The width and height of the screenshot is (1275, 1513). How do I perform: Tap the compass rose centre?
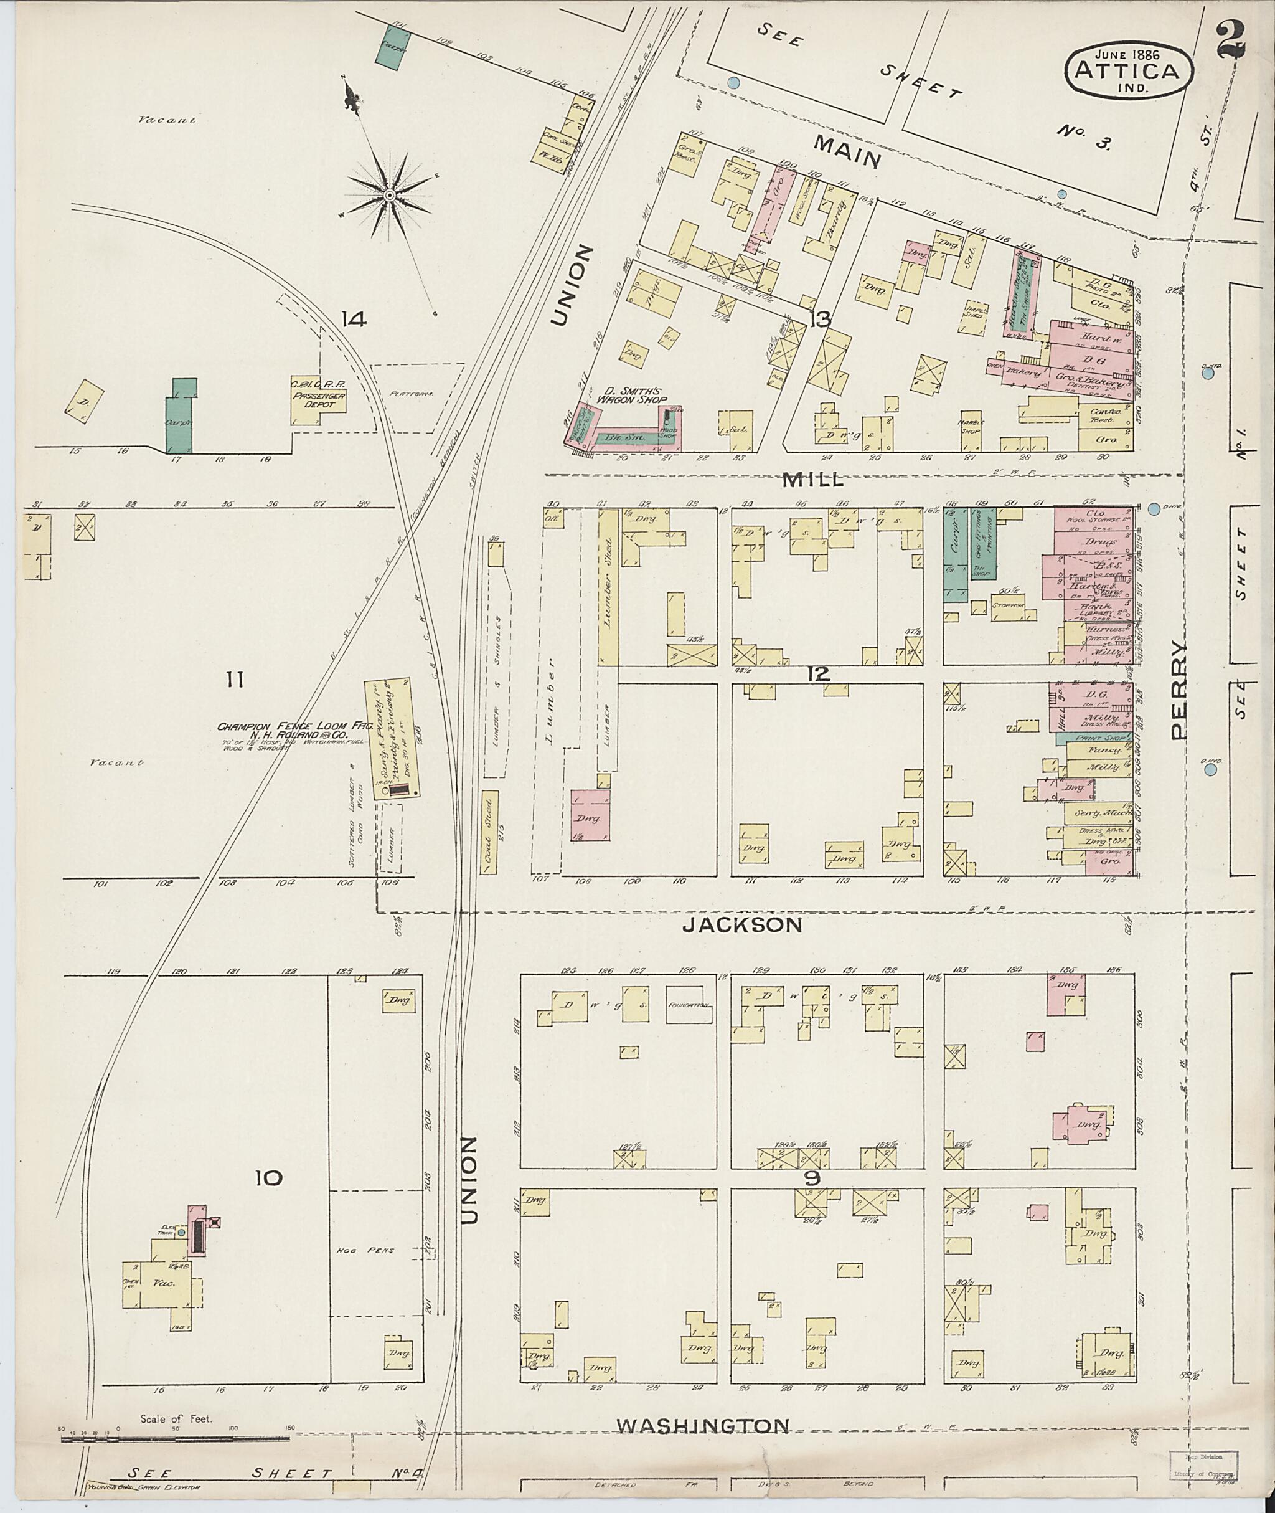389,195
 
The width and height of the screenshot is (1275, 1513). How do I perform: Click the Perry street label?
1179,690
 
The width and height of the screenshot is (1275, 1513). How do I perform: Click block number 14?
354,318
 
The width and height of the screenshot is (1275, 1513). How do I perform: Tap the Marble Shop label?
969,426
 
